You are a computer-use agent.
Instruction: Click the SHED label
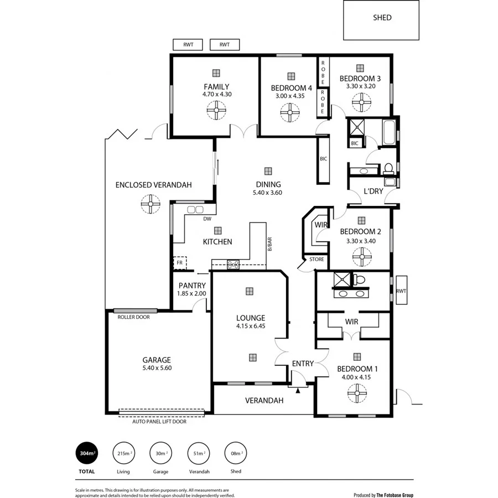(382, 18)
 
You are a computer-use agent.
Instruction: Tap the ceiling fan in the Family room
(215, 111)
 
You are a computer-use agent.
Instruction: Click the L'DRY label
(373, 192)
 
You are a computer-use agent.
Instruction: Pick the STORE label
(317, 259)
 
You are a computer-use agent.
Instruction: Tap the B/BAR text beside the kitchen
(270, 244)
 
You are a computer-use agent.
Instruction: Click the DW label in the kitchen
(207, 219)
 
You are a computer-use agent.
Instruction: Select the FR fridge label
(179, 263)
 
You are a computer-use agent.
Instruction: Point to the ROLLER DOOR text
(133, 317)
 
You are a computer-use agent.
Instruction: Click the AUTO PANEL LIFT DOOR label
(159, 421)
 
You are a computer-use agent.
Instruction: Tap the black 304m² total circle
(86, 453)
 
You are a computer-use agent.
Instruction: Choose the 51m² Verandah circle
(197, 453)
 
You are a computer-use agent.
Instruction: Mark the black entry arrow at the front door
(298, 391)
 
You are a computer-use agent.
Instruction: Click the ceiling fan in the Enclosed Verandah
(149, 205)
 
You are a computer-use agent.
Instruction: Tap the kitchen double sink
(195, 210)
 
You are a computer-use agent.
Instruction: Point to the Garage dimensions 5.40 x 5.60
(157, 368)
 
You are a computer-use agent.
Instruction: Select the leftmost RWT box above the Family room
(188, 45)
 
